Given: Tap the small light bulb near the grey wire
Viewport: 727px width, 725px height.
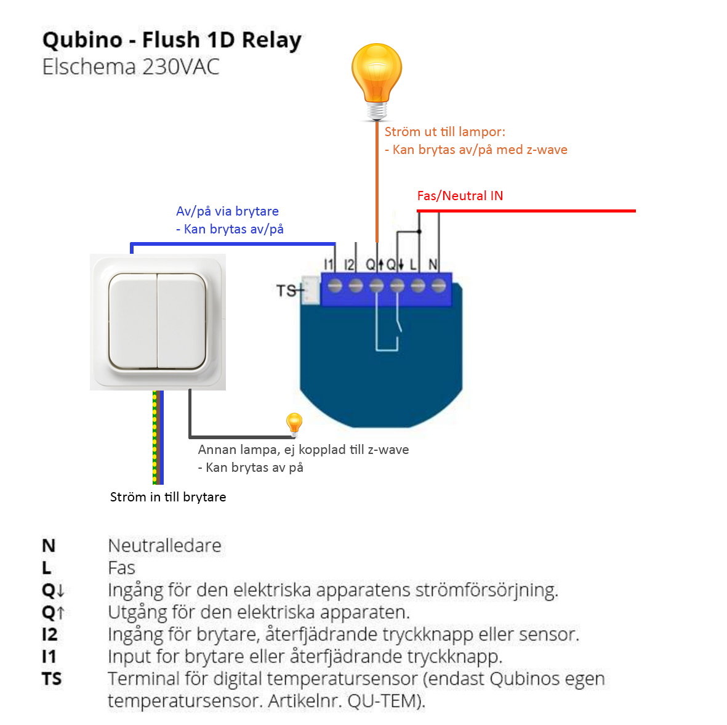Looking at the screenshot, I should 294,424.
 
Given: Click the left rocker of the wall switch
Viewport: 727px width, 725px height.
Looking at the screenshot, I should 132,320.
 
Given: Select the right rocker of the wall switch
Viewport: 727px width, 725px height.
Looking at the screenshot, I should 182,320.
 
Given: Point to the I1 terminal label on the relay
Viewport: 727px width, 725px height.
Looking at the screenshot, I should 328,264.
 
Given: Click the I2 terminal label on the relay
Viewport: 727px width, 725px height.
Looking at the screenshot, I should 349,264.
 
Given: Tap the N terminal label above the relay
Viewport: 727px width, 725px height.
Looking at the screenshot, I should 433,264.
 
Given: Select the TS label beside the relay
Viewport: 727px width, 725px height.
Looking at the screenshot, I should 286,290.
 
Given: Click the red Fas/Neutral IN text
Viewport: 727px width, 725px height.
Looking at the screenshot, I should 460,196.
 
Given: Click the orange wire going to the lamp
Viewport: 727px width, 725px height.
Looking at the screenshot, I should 377,185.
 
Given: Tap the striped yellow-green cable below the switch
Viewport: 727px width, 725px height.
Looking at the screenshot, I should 157,437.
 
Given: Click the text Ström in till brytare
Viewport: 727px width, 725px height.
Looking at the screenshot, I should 168,497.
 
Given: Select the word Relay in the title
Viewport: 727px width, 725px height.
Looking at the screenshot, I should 271,40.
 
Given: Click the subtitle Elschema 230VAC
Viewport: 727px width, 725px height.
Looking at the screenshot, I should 131,67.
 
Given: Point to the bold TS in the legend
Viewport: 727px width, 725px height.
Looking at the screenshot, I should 52,679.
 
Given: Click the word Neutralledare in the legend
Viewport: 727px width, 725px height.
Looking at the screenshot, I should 164,545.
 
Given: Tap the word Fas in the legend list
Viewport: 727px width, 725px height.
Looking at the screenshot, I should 121,567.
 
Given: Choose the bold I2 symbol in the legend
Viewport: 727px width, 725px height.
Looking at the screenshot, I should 49,634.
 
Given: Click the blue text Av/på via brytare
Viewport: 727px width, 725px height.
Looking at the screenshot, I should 227,211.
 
